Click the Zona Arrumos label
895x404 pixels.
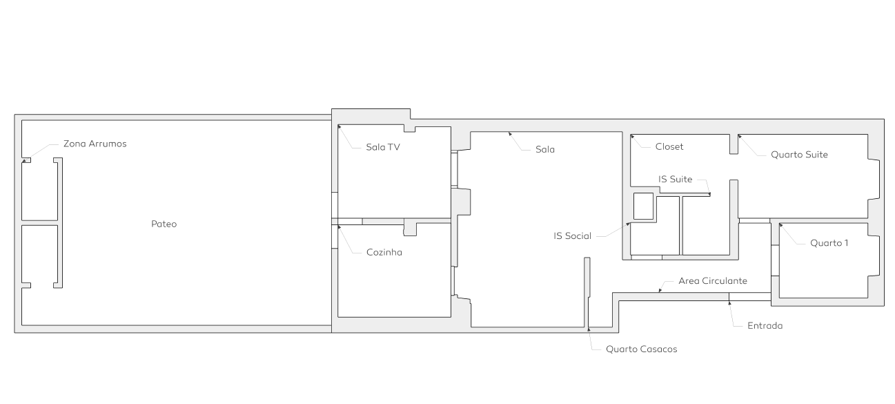(x=95, y=144)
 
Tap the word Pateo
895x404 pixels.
(x=164, y=224)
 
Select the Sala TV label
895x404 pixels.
(x=383, y=147)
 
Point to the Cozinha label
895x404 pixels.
(x=384, y=252)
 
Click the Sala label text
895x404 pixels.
(x=545, y=150)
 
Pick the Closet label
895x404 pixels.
(x=669, y=147)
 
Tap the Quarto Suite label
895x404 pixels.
(x=799, y=155)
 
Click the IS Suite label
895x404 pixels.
(x=676, y=179)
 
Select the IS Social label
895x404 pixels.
(x=572, y=236)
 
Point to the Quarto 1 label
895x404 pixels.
(x=829, y=243)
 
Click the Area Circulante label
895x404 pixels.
(x=713, y=281)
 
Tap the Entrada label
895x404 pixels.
(x=765, y=325)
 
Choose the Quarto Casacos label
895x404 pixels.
(x=641, y=349)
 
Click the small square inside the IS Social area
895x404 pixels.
(x=643, y=206)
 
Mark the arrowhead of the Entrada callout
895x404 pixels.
(x=729, y=303)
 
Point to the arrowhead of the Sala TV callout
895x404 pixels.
(x=340, y=127)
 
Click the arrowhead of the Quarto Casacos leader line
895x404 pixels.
(x=589, y=329)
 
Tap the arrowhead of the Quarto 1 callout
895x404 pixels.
(x=780, y=226)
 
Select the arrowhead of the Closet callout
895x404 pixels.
(x=632, y=137)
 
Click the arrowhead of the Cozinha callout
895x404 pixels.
(x=340, y=227)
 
